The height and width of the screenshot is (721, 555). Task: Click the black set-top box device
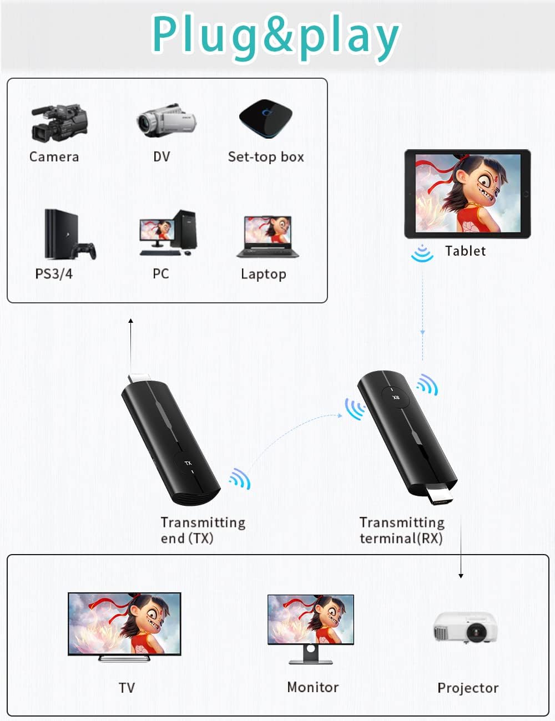265,118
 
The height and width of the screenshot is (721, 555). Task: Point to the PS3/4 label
54,274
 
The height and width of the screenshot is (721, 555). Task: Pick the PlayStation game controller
86,251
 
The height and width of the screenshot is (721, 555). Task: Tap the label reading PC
160,274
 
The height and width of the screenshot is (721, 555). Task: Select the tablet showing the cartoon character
467,194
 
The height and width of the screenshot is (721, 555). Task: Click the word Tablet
465,251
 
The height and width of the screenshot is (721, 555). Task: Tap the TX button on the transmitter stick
188,464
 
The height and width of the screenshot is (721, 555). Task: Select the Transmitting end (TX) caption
203,530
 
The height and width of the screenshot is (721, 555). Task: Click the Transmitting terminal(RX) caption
402,530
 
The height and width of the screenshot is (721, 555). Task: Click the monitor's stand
311,654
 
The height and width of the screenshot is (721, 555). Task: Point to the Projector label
468,688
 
